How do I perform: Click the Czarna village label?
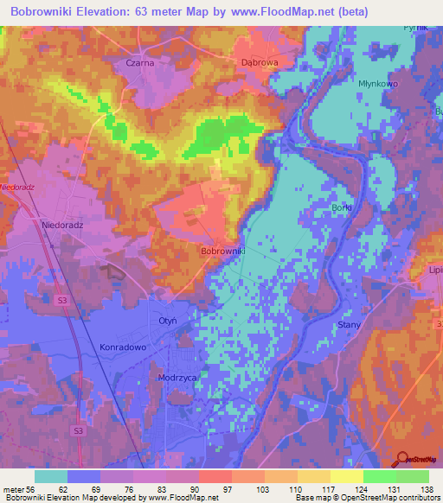point(139,63)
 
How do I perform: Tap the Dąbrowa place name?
point(258,63)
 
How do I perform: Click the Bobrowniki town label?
point(223,251)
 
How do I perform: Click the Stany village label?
point(348,324)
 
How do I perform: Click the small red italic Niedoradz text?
point(17,187)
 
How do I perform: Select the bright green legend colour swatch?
point(380,476)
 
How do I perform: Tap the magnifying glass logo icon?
point(401,461)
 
